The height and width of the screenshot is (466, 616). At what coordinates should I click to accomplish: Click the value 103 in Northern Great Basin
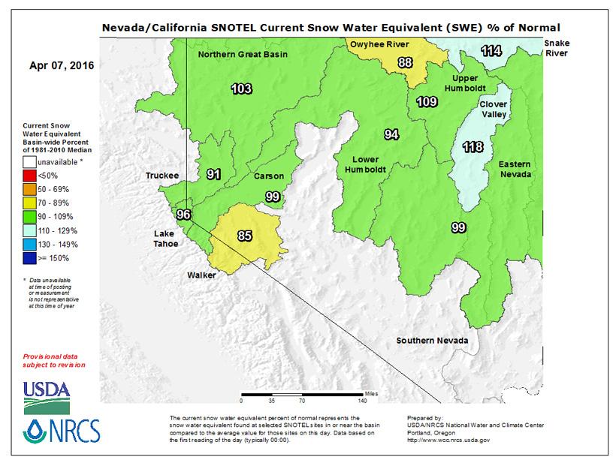pyautogui.click(x=241, y=89)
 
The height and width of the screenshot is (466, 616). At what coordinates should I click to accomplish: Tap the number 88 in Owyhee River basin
pyautogui.click(x=405, y=62)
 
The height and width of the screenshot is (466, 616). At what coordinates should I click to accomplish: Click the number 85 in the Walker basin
pyautogui.click(x=245, y=236)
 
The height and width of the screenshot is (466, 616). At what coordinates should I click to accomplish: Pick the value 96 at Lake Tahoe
pyautogui.click(x=183, y=215)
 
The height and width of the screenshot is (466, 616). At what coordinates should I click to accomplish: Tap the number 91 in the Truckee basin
pyautogui.click(x=214, y=174)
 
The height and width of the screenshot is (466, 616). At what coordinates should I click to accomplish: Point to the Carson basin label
pyautogui.click(x=269, y=176)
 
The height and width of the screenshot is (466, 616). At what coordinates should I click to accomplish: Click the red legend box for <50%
pyautogui.click(x=31, y=174)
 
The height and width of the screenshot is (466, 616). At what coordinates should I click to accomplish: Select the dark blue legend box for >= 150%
pyautogui.click(x=31, y=258)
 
